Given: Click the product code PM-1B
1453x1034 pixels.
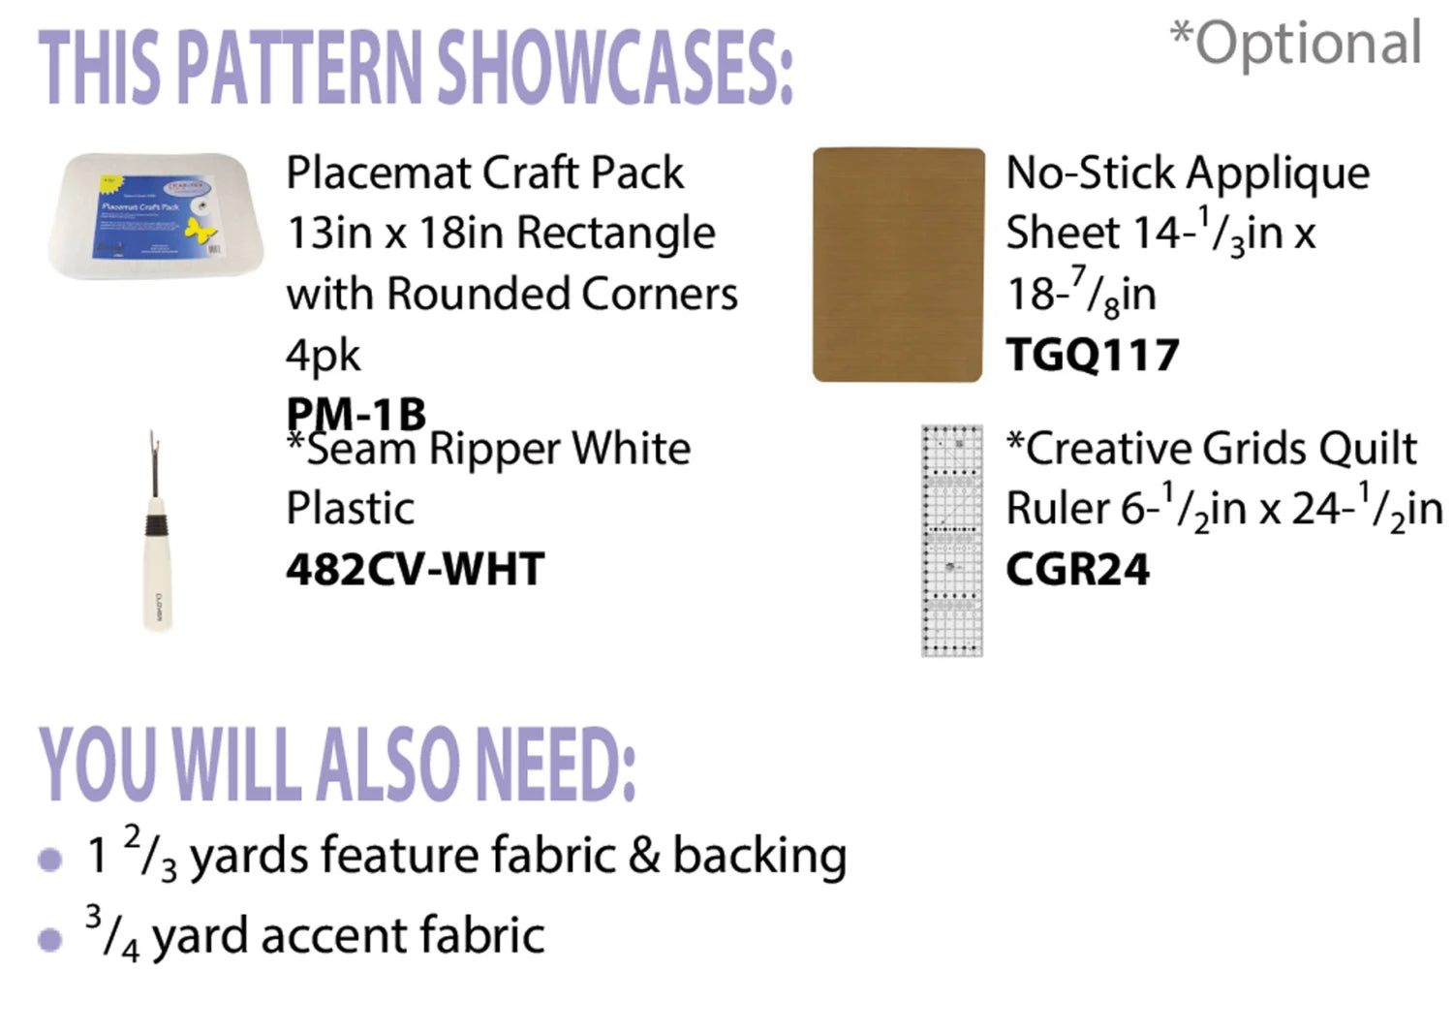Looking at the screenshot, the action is (x=356, y=414).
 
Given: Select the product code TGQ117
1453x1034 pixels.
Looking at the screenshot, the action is (x=1093, y=355).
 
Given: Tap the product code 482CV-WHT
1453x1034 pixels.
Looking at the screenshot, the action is (x=416, y=569).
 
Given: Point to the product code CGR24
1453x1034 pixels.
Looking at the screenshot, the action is (x=1077, y=569).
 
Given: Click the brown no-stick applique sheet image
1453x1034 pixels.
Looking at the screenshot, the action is (x=898, y=265).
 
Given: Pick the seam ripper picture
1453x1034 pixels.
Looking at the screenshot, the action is (x=157, y=531).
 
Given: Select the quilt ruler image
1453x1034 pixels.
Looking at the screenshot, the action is (x=951, y=541).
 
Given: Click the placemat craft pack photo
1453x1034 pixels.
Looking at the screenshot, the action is (x=156, y=216).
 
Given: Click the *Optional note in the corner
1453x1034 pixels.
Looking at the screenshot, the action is (x=1295, y=43).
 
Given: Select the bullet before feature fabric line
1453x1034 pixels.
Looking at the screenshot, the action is (x=50, y=860).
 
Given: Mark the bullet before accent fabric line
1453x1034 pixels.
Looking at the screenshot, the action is (x=50, y=939).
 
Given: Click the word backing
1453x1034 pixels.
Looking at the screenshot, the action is (x=759, y=856).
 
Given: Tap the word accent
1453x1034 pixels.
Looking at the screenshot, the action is (x=334, y=936).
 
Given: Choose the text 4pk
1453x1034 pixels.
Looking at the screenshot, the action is (x=323, y=356).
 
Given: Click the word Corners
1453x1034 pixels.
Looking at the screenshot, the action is (x=659, y=294).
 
